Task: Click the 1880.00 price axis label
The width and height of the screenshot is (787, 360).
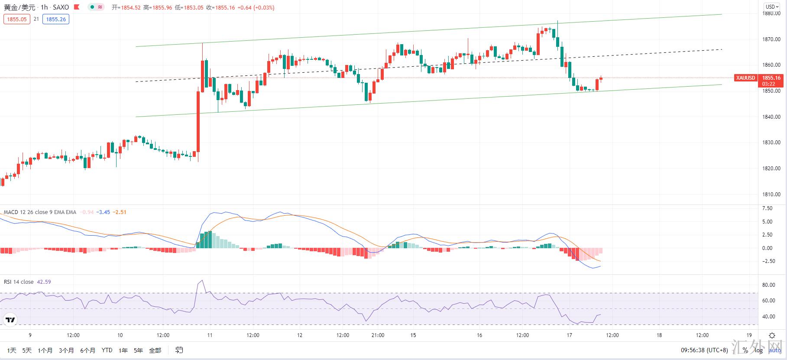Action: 772,13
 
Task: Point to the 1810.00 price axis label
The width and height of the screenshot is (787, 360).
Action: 772,195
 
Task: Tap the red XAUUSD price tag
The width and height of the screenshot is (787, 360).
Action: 745,78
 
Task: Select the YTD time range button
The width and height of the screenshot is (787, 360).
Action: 107,350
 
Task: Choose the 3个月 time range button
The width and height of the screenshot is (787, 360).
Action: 66,350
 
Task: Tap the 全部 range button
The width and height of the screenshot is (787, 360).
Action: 155,350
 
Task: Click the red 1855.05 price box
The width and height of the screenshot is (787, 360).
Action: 17,19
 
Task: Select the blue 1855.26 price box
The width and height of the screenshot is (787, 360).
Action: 56,19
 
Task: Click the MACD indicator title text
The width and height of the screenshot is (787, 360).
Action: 40,212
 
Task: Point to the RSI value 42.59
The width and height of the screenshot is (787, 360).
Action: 44,282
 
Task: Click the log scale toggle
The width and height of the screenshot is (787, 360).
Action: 758,350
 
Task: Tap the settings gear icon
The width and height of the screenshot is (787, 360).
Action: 772,335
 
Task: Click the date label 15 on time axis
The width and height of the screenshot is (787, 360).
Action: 413,335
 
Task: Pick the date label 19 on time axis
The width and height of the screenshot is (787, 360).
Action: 749,335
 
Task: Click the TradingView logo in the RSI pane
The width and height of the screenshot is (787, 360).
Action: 10,320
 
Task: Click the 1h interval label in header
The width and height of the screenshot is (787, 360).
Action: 44,7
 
